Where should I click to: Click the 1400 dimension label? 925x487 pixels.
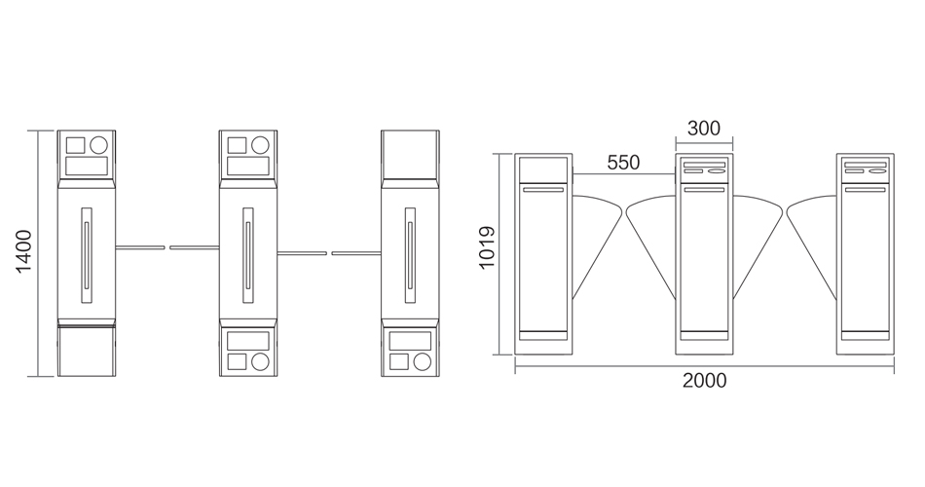[23, 252]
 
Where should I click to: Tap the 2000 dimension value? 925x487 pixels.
[704, 381]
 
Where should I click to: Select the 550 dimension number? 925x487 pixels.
[623, 163]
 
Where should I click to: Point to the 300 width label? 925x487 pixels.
[704, 129]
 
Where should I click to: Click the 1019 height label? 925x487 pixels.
[487, 247]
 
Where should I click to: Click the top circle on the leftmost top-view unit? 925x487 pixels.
[98, 144]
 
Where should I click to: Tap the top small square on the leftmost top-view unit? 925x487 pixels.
[76, 145]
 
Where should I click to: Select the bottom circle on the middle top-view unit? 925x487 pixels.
[260, 361]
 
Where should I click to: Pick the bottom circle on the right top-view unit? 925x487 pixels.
[422, 361]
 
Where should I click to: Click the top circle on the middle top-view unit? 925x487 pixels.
[260, 144]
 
